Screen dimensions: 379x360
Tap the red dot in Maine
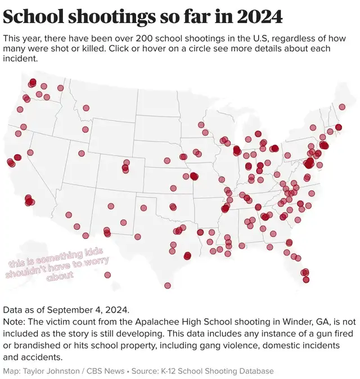click(342, 107)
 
